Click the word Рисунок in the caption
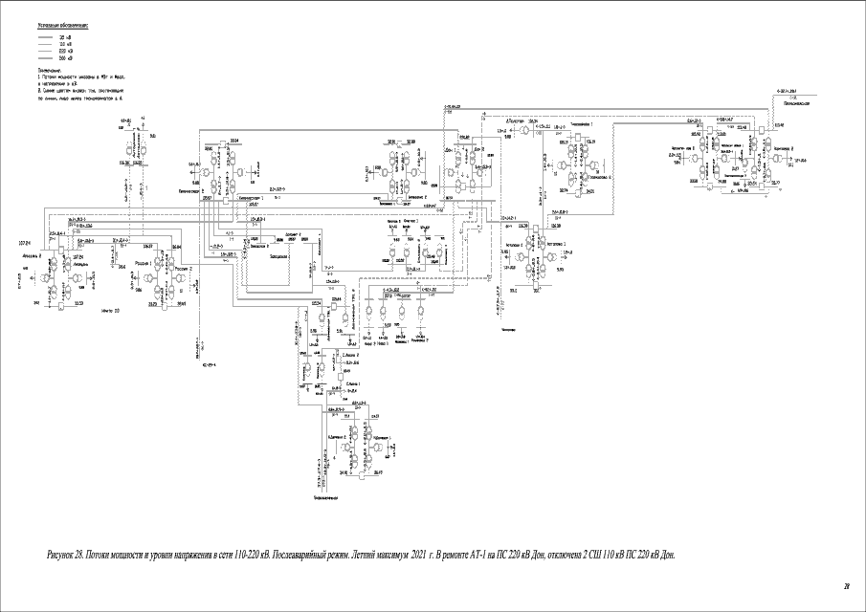(x=59, y=555)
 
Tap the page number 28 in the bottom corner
(x=845, y=585)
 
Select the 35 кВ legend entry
(x=66, y=36)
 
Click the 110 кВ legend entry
(x=66, y=44)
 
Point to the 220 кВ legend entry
(x=66, y=51)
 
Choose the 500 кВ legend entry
(x=66, y=57)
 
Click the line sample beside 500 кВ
(x=45, y=57)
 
